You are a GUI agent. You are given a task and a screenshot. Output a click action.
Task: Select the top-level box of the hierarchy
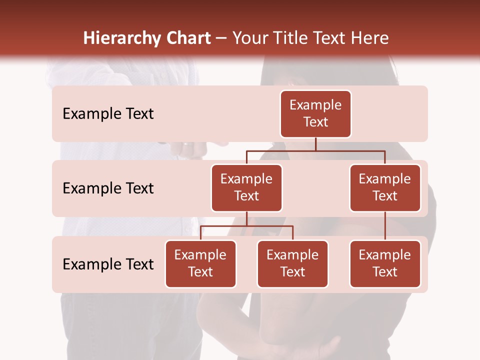click(x=315, y=114)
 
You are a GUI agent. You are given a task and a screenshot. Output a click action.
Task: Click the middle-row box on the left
click(x=246, y=188)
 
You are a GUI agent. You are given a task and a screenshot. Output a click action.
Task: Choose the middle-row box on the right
click(x=385, y=188)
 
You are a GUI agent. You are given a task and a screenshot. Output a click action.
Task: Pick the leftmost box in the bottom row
click(x=200, y=264)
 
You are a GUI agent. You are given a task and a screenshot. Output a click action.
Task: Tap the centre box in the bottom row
click(x=292, y=264)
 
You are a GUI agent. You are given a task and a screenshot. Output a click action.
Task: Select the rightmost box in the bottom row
click(x=385, y=264)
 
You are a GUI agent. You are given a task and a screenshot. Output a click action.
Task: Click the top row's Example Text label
click(x=108, y=114)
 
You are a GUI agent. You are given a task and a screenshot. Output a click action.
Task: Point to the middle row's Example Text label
click(x=108, y=188)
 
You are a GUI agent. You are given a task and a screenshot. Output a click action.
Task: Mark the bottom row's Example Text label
click(x=108, y=264)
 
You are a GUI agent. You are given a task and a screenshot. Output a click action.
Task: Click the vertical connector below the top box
click(x=315, y=144)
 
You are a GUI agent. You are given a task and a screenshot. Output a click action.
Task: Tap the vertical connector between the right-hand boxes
click(x=385, y=226)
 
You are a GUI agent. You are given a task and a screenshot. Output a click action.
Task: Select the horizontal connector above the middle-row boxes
click(x=315, y=150)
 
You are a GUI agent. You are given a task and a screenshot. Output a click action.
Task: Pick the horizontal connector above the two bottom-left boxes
click(x=246, y=226)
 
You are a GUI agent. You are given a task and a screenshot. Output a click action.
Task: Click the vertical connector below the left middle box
click(x=246, y=218)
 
